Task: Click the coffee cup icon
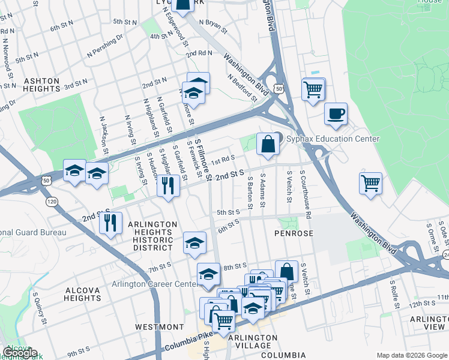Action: click(x=336, y=113)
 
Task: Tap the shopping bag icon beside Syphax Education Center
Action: click(x=268, y=143)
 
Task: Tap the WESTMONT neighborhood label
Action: click(x=159, y=327)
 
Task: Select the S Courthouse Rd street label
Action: click(x=307, y=197)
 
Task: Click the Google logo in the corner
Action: click(x=20, y=353)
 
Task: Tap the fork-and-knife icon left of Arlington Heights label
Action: click(x=110, y=223)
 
